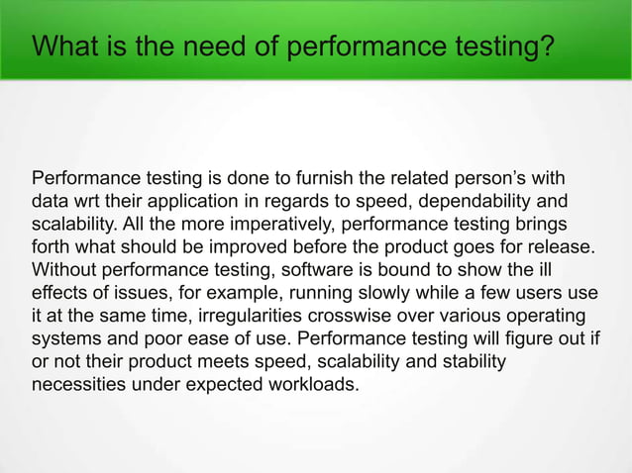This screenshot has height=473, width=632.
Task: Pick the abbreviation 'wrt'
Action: pos(88,202)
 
